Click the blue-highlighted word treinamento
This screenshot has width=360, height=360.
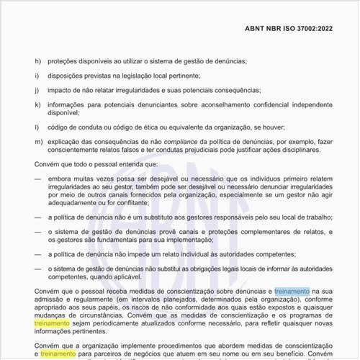pyautogui.click(x=292, y=291)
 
